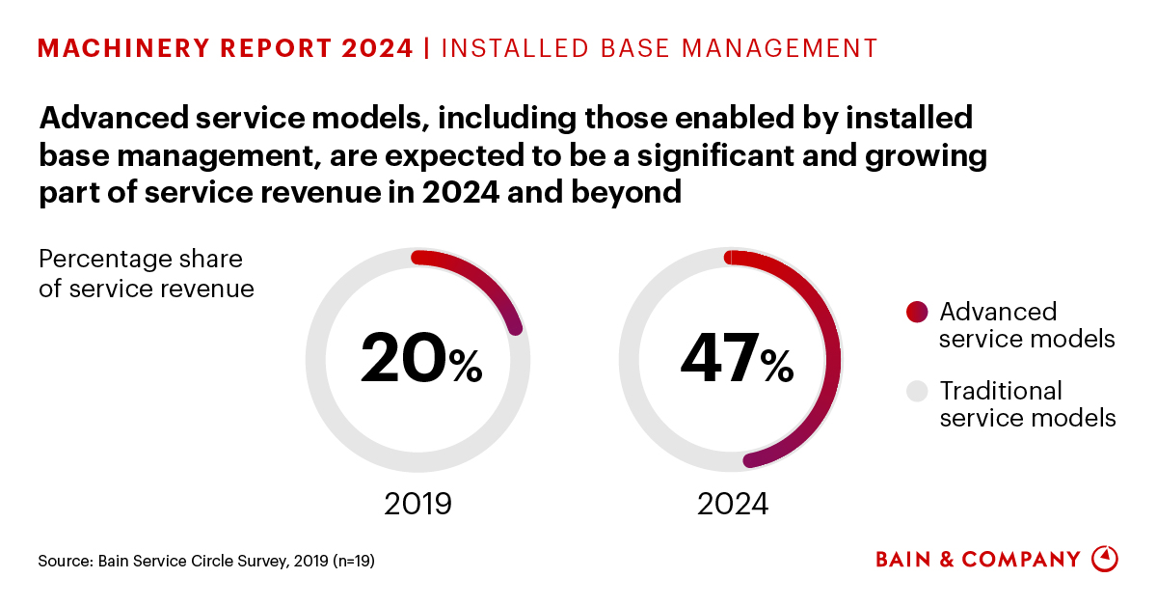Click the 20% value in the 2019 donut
click(x=420, y=358)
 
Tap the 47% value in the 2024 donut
click(x=736, y=358)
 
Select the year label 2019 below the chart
click(x=417, y=504)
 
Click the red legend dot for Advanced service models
click(x=917, y=312)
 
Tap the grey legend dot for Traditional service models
click(x=917, y=391)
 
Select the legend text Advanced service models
click(x=1026, y=325)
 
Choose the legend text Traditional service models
click(x=1027, y=404)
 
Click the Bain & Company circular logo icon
click(x=1105, y=559)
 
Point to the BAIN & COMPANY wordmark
click(x=978, y=560)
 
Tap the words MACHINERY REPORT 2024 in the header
click(x=226, y=48)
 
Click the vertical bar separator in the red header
click(x=427, y=48)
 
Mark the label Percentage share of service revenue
click(x=146, y=274)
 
